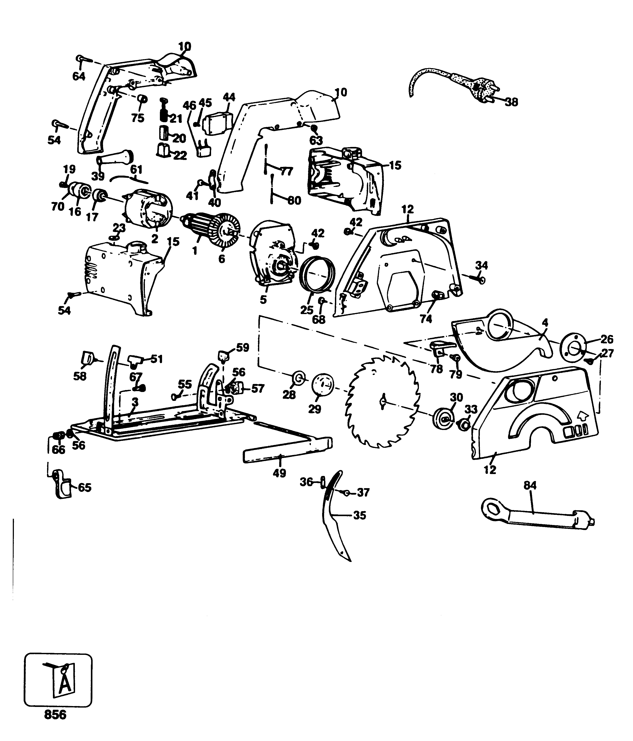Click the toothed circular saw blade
click(x=382, y=402)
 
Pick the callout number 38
click(x=512, y=102)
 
